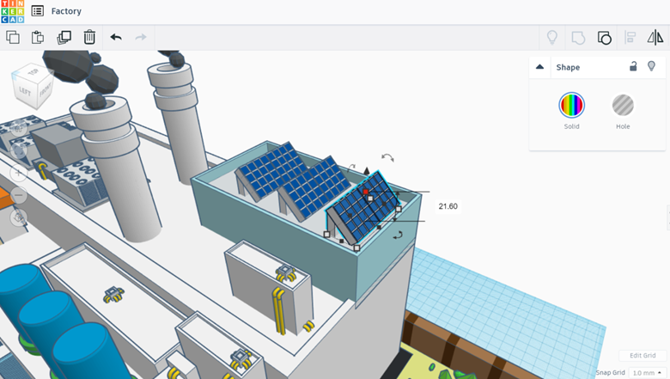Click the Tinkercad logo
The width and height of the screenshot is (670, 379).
pyautogui.click(x=12, y=11)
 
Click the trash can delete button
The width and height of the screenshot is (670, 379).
pyautogui.click(x=89, y=37)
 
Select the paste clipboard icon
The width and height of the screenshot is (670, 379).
pyautogui.click(x=38, y=37)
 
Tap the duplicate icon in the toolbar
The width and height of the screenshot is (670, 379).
pyautogui.click(x=64, y=37)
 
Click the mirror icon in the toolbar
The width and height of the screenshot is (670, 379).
pyautogui.click(x=655, y=37)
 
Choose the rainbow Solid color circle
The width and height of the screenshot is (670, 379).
pyautogui.click(x=571, y=105)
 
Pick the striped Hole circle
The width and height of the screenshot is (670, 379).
pyautogui.click(x=623, y=105)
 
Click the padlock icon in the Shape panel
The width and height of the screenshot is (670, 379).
pyautogui.click(x=633, y=66)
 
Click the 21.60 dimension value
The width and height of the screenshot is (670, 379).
pyautogui.click(x=448, y=206)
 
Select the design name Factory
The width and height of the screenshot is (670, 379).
pyautogui.click(x=66, y=11)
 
